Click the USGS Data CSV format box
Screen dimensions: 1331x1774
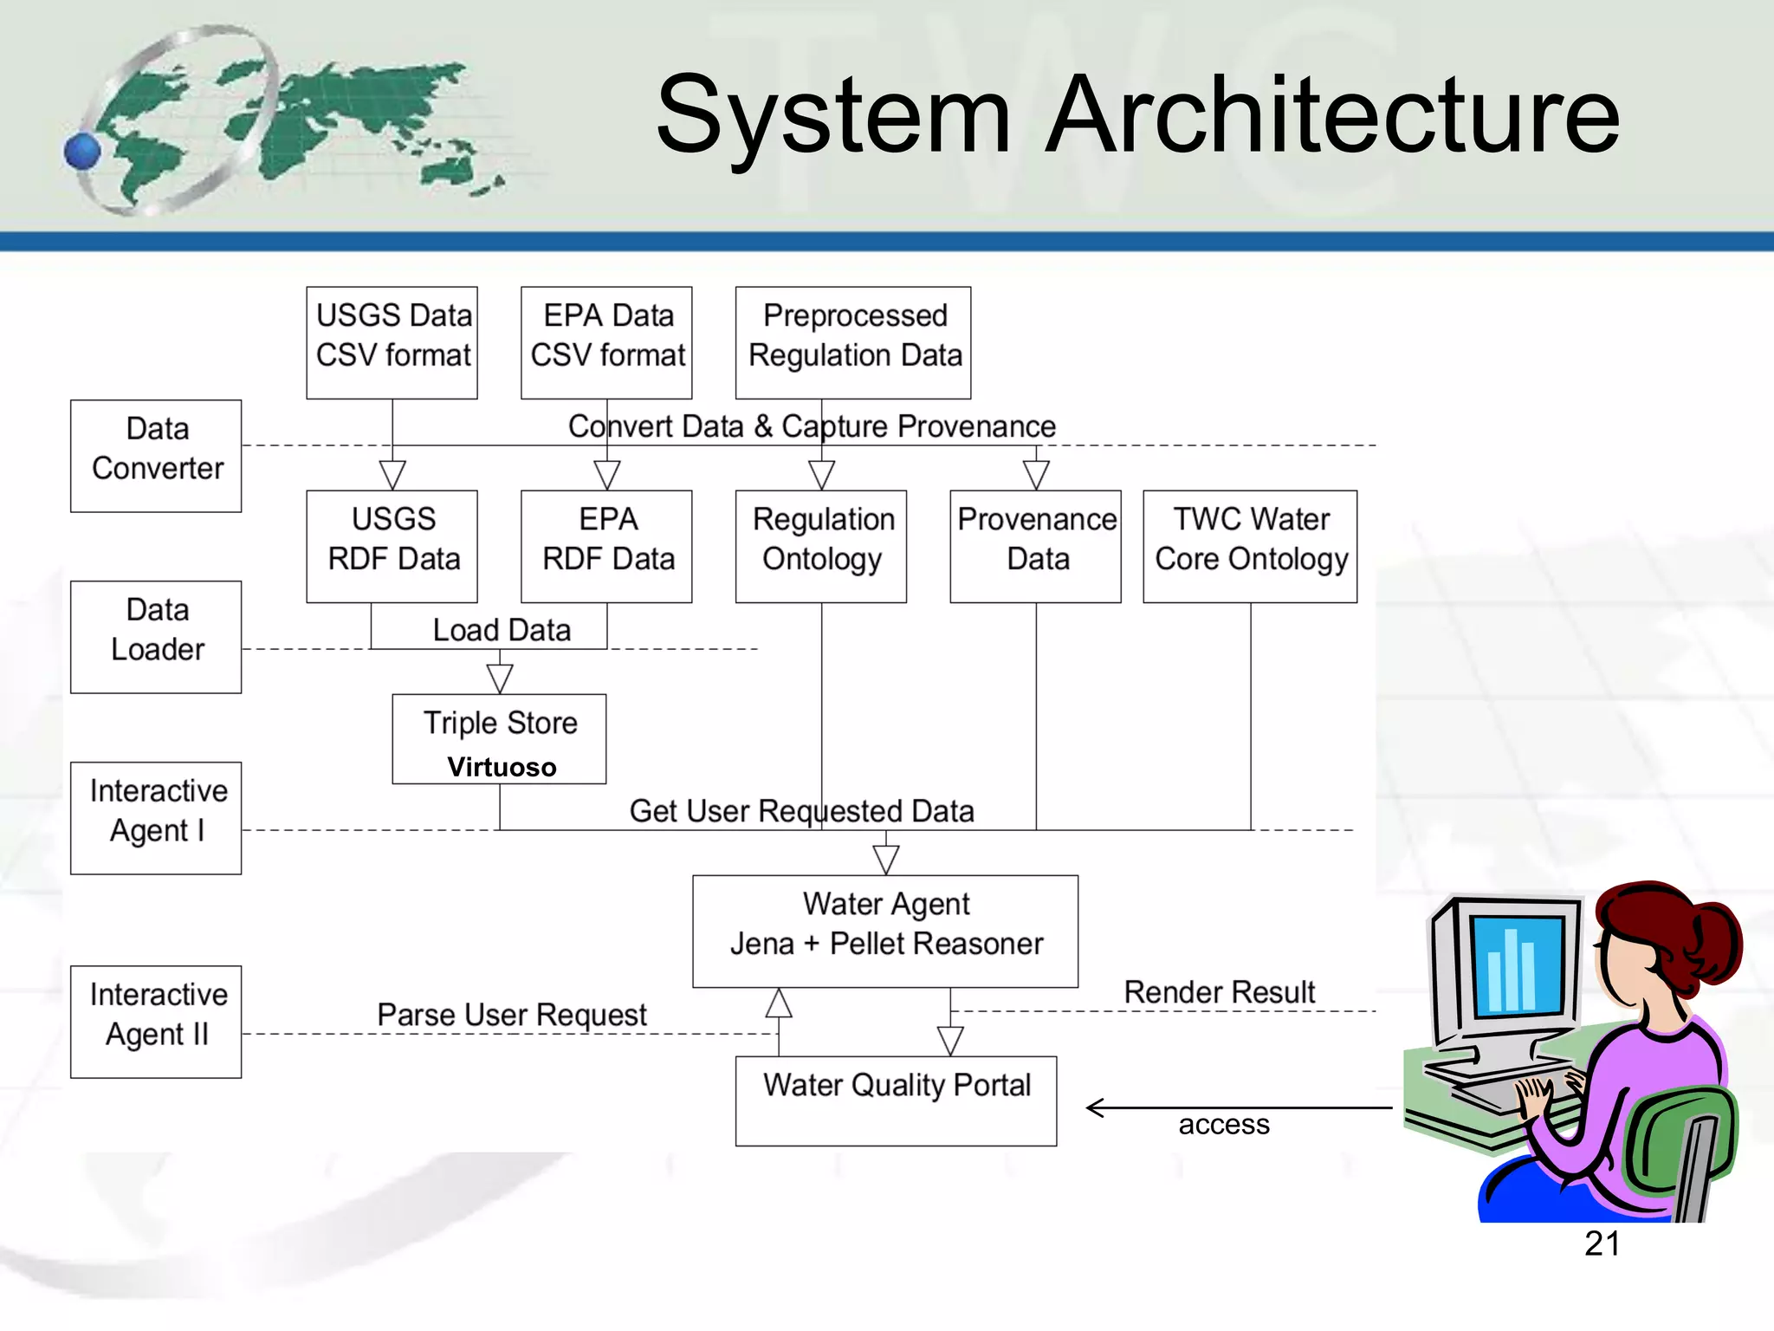click(392, 342)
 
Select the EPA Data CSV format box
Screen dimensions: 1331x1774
click(606, 342)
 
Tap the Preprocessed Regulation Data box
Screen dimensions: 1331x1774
click(853, 342)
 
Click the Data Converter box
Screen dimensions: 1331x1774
click(156, 456)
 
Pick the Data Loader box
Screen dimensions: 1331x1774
click(156, 637)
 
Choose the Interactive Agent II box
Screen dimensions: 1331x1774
click(156, 1022)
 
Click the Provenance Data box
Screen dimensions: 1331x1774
click(1035, 546)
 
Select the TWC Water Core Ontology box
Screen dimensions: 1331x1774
click(1250, 546)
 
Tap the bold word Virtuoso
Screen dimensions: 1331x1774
click(502, 767)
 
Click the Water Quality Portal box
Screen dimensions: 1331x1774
click(896, 1101)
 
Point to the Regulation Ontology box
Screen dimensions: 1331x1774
click(821, 546)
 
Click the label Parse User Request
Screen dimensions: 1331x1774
click(511, 1014)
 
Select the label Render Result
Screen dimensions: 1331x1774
click(1219, 991)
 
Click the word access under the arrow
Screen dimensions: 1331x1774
click(1223, 1124)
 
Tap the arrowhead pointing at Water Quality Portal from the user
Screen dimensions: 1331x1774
click(1096, 1107)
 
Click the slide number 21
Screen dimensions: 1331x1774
click(1602, 1243)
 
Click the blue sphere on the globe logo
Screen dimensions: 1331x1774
click(83, 152)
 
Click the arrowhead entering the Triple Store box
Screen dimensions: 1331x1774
click(500, 678)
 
